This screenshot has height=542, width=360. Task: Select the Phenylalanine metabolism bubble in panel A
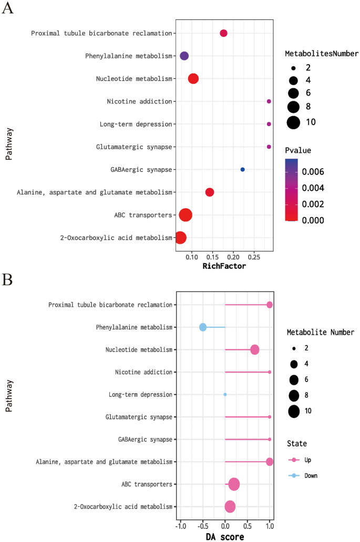(x=184, y=56)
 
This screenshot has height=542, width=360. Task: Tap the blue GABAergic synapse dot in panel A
(x=242, y=170)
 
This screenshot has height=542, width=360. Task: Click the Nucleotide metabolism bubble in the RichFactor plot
(x=193, y=79)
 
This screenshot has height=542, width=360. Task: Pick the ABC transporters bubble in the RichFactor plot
(x=186, y=215)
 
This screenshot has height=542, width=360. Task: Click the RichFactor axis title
(x=224, y=266)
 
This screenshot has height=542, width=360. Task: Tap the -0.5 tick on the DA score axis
(x=203, y=526)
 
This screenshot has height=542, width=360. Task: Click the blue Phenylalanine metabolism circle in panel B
(x=203, y=327)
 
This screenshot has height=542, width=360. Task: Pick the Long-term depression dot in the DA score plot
(x=225, y=394)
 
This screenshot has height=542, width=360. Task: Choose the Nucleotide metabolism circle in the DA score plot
(x=255, y=350)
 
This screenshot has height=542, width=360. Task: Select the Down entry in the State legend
(x=311, y=475)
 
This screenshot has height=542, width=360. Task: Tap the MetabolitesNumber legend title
(x=322, y=54)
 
